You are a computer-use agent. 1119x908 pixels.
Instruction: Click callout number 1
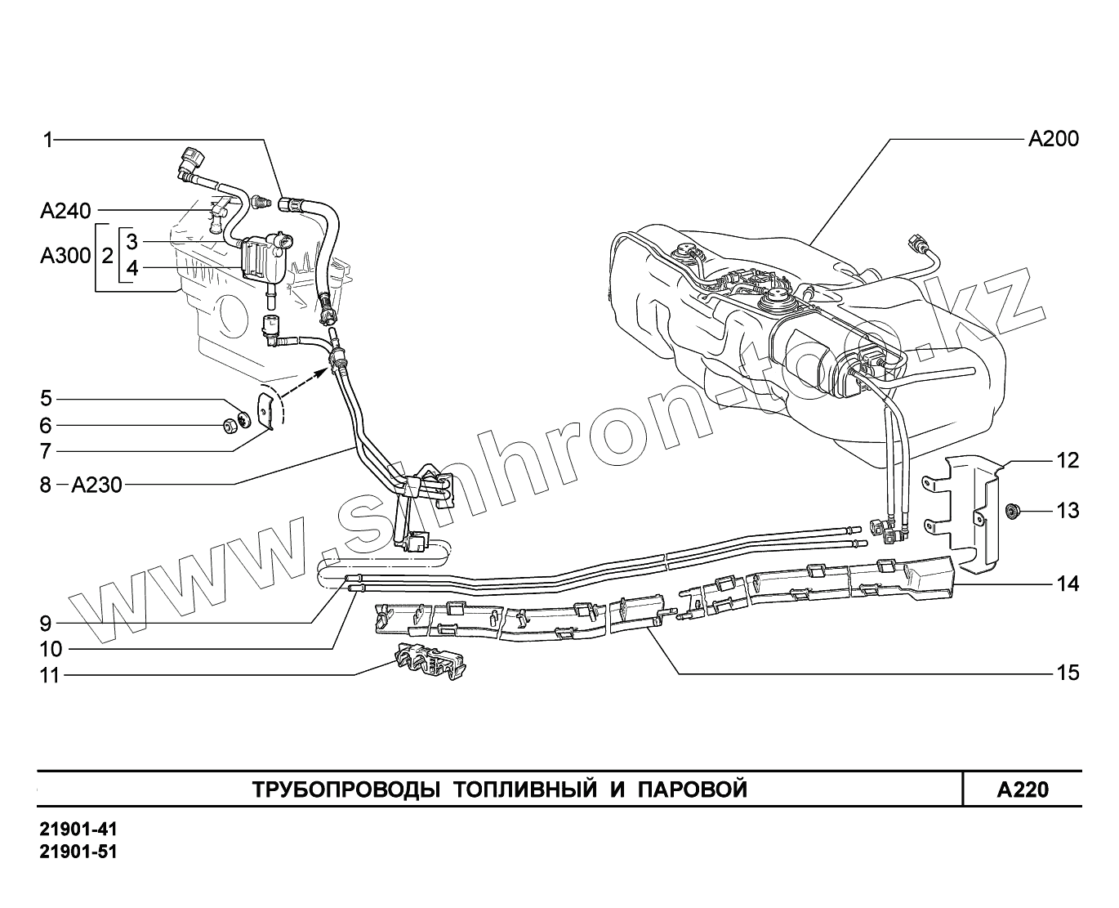(47, 141)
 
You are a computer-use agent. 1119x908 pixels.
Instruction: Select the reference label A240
(65, 212)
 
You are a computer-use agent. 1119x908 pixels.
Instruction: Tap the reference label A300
(65, 256)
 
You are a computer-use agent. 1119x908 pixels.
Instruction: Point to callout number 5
(46, 399)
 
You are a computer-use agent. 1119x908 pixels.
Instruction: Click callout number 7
(46, 450)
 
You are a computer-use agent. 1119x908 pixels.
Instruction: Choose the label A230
(96, 485)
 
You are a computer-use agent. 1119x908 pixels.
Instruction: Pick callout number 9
(46, 624)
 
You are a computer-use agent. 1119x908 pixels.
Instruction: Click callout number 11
(51, 675)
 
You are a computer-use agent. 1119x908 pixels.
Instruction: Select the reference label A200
(1053, 139)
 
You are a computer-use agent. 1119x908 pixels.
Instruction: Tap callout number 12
(1068, 460)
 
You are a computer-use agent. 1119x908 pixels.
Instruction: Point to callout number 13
(1068, 511)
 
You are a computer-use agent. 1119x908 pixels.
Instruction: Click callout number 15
(1068, 673)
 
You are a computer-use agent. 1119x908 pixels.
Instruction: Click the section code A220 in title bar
(1022, 789)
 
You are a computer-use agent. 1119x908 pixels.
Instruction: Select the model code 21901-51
(78, 852)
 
